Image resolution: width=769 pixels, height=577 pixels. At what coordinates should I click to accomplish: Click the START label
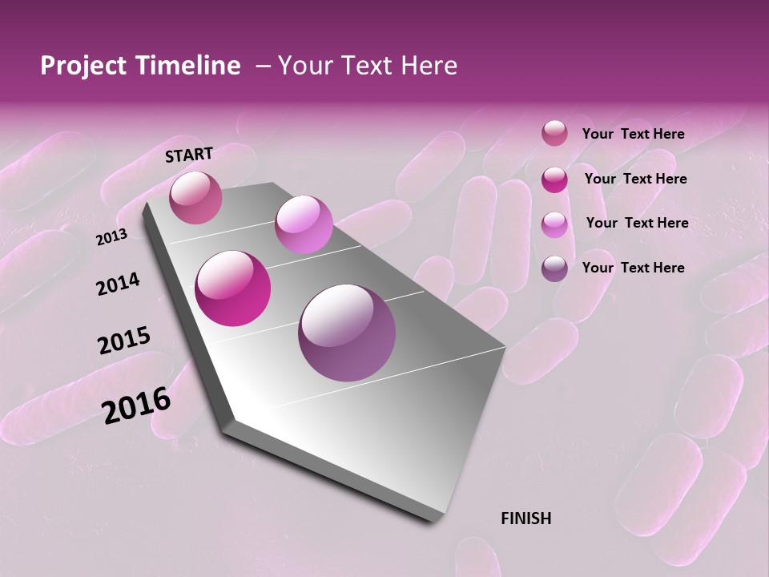189,155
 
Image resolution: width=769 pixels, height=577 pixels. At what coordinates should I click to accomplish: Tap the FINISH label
525,518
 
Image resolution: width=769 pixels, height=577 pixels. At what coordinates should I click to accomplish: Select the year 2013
111,237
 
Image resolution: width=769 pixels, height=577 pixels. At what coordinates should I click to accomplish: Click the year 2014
118,284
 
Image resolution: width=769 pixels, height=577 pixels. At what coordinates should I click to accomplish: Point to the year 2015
123,341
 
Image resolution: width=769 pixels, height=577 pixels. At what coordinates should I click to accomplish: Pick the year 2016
136,406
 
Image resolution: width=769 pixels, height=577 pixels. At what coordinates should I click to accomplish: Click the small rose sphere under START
195,197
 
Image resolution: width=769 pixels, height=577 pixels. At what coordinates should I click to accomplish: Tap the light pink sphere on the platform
304,224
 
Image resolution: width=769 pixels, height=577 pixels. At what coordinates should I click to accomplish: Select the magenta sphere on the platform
233,288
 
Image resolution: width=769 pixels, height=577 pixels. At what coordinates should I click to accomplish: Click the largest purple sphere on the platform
347,333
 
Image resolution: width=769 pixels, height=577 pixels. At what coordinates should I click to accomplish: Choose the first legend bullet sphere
554,134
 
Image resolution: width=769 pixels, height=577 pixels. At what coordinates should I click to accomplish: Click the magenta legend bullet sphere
554,180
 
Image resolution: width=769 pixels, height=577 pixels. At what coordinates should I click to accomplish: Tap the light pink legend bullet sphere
554,224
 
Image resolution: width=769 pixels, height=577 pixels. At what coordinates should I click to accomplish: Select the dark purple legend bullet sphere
554,268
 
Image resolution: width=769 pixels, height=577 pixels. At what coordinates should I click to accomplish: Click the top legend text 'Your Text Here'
633,134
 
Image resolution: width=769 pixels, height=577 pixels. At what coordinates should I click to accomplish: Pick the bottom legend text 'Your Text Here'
633,268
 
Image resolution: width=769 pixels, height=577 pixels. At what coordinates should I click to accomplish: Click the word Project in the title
83,66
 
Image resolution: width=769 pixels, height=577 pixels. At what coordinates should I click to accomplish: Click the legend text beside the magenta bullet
635,179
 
